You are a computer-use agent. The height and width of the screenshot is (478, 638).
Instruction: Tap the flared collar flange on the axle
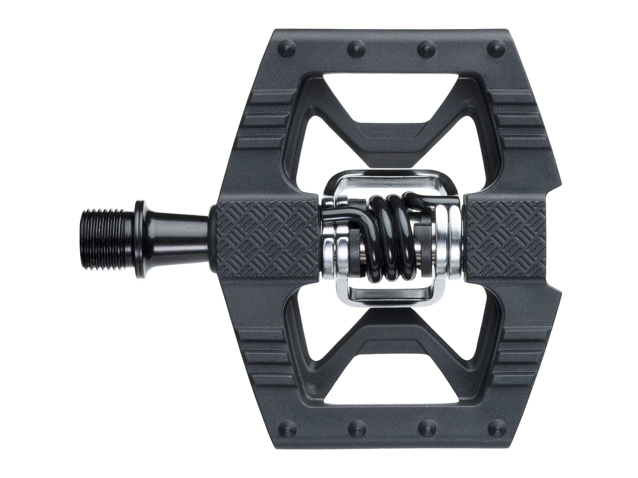[141, 239]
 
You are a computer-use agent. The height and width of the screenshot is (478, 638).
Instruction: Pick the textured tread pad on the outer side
[505, 238]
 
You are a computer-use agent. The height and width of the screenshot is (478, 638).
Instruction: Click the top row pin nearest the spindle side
[287, 49]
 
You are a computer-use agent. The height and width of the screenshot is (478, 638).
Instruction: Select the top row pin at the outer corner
[496, 49]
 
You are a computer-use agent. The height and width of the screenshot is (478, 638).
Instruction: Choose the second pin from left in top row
[356, 49]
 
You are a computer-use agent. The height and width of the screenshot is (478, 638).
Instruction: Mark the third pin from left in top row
[426, 49]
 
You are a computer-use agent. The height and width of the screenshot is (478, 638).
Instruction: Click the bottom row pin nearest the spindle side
[287, 429]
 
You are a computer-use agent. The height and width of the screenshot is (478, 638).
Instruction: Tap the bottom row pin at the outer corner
[496, 429]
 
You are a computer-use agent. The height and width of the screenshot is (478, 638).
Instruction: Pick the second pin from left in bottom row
[356, 429]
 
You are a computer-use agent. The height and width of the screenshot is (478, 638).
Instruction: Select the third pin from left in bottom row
[426, 429]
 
